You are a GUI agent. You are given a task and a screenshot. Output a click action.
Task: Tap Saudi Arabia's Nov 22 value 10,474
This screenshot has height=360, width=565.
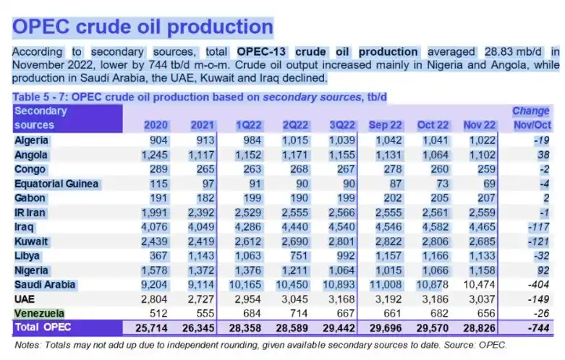[480, 284]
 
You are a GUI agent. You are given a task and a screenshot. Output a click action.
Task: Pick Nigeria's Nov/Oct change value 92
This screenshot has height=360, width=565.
[542, 270]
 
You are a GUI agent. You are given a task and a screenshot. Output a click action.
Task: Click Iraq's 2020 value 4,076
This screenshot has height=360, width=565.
[152, 226]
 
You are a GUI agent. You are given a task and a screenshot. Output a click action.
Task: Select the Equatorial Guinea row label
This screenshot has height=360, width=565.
[56, 183]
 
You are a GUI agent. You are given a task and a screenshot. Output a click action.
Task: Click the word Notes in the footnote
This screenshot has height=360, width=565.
[28, 346]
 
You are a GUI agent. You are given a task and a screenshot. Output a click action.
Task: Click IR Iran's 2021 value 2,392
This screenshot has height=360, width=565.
[200, 212]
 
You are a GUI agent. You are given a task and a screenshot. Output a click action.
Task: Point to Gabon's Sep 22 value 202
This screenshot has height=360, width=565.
[391, 197]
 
